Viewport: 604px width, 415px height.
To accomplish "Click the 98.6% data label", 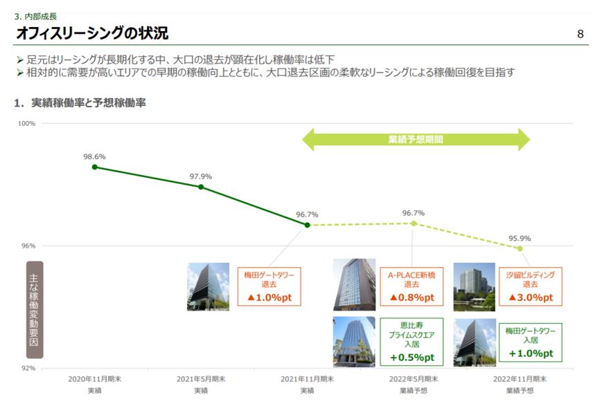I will point(94,156).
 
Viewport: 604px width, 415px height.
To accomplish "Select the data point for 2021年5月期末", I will point(201,187).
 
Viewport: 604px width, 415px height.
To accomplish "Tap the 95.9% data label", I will point(519,238).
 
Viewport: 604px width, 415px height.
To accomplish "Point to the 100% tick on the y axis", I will point(26,123).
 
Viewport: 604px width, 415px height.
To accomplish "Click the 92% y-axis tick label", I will point(28,368).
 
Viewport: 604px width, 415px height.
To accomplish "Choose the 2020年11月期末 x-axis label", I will point(94,379).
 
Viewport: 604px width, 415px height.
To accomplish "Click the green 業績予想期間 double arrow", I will point(416,139).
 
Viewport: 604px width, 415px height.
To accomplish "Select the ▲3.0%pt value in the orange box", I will point(531,297).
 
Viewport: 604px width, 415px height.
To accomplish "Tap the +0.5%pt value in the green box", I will point(411,357).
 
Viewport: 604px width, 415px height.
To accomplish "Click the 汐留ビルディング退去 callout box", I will point(531,286).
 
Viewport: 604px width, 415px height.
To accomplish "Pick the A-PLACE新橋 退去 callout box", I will point(411,286).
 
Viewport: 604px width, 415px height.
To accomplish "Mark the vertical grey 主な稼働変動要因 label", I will point(35,309).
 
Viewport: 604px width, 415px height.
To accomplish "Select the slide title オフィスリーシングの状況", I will point(91,33).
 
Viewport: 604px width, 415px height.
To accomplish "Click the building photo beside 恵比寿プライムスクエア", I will point(354,341).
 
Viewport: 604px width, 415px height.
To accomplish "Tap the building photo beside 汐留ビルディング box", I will point(474,286).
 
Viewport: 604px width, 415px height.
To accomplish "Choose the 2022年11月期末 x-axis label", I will point(519,379).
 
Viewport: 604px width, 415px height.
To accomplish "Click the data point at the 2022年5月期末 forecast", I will point(414,223).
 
